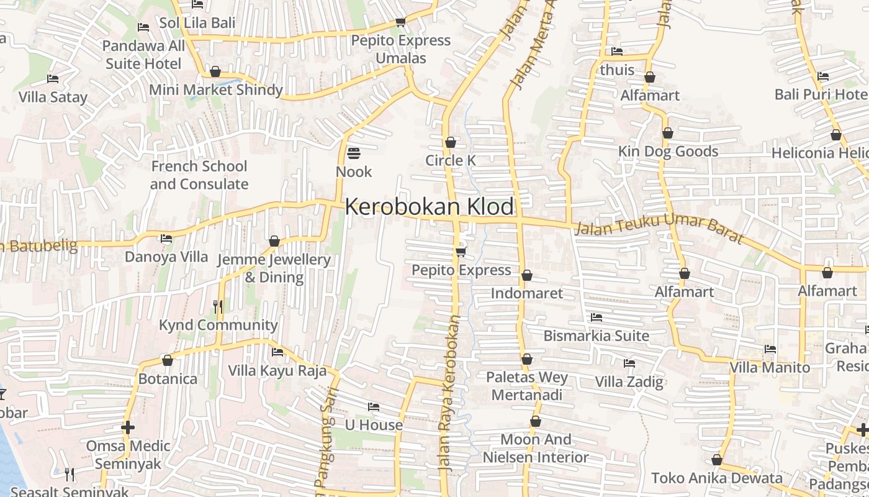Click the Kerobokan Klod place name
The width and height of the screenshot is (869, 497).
430,207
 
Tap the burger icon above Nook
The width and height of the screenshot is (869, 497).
354,153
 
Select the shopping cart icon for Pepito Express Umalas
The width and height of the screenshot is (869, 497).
400,22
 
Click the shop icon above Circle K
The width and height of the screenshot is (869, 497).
451,142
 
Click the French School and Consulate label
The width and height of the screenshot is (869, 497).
199,175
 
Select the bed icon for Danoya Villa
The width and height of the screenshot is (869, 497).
166,239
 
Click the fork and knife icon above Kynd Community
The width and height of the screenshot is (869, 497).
218,306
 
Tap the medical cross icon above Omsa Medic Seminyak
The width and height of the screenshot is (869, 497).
128,427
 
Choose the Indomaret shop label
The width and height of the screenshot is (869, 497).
527,293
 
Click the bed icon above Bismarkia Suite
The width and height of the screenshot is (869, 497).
597,317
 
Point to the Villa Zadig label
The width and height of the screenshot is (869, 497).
629,381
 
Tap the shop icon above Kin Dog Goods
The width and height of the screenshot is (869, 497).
668,133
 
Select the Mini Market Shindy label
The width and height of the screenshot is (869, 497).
216,90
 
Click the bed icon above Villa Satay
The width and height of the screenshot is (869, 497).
53,79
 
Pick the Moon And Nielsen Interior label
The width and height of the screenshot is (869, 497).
536,449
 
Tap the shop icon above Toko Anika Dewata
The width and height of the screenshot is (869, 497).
717,460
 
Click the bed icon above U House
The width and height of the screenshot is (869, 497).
374,408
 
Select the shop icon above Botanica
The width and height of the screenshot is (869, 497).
168,360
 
